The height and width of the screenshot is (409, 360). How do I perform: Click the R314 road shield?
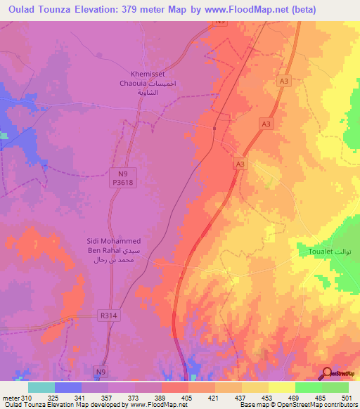(108, 316)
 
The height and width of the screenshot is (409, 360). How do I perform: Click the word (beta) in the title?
(300, 10)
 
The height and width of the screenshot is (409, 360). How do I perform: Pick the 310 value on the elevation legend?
(22, 397)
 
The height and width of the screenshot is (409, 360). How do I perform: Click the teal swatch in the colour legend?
(41, 387)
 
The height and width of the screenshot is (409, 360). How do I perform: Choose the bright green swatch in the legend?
(309, 387)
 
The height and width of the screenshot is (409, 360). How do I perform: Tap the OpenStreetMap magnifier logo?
(328, 373)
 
